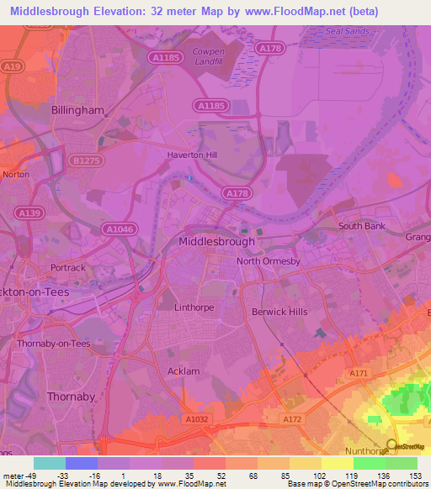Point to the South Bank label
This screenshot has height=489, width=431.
361,226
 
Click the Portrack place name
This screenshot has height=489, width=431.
68,268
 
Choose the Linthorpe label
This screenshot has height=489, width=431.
194,308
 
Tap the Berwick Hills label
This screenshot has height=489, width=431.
279,312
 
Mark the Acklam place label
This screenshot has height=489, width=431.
185,371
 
